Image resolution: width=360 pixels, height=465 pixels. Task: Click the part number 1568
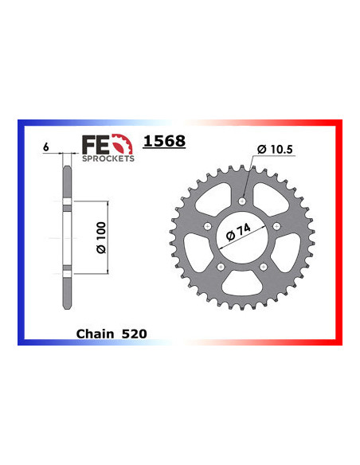click(x=163, y=141)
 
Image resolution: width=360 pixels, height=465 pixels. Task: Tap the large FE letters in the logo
click(x=96, y=145)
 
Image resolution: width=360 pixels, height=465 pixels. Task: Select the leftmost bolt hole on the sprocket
click(x=207, y=226)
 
